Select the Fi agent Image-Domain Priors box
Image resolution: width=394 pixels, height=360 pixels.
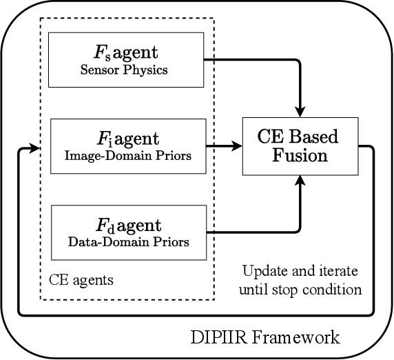(x=128, y=146)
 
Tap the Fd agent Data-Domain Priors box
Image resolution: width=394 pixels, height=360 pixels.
(x=128, y=232)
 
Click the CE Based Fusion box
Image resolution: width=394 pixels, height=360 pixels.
(x=298, y=146)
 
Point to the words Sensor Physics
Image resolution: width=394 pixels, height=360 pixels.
(x=129, y=70)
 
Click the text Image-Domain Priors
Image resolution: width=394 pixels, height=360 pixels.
(x=129, y=156)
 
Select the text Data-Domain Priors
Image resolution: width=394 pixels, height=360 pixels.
(x=129, y=242)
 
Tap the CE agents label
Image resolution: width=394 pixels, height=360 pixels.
(x=81, y=281)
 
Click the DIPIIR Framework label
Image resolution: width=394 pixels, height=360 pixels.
(x=265, y=337)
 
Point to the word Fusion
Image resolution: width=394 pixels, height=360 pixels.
(x=298, y=155)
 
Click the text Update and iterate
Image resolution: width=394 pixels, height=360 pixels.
(x=300, y=270)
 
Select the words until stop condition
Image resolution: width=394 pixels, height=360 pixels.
(x=300, y=289)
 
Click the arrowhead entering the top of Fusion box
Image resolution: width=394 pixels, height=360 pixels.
(x=300, y=111)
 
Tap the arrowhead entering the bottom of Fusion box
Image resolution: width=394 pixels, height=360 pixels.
(x=300, y=180)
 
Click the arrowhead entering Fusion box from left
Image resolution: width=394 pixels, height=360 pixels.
(x=236, y=146)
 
